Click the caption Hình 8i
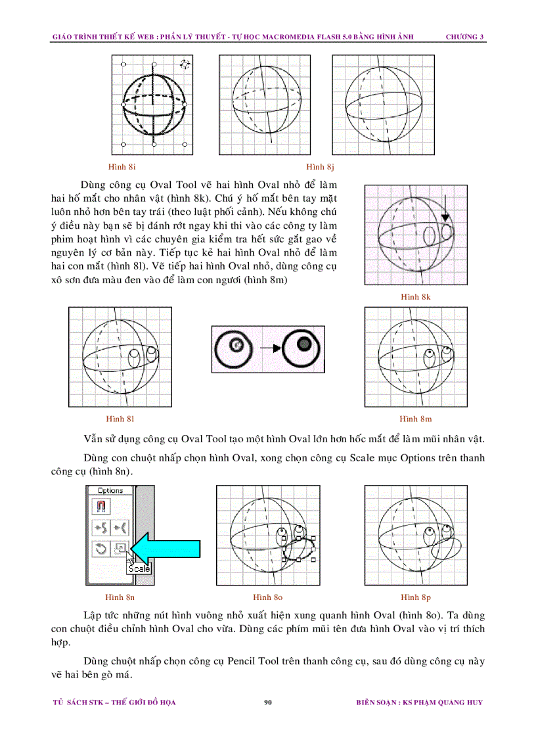[122, 166]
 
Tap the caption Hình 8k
[415, 296]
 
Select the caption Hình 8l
[120, 419]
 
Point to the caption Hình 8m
[416, 419]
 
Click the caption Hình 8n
[120, 597]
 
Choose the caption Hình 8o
[268, 597]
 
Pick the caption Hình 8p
[416, 597]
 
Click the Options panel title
[110, 490]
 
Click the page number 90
[268, 703]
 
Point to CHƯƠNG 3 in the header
[465, 36]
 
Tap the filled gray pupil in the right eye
[303, 344]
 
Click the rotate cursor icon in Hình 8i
[185, 64]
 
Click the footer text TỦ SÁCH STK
[78, 703]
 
